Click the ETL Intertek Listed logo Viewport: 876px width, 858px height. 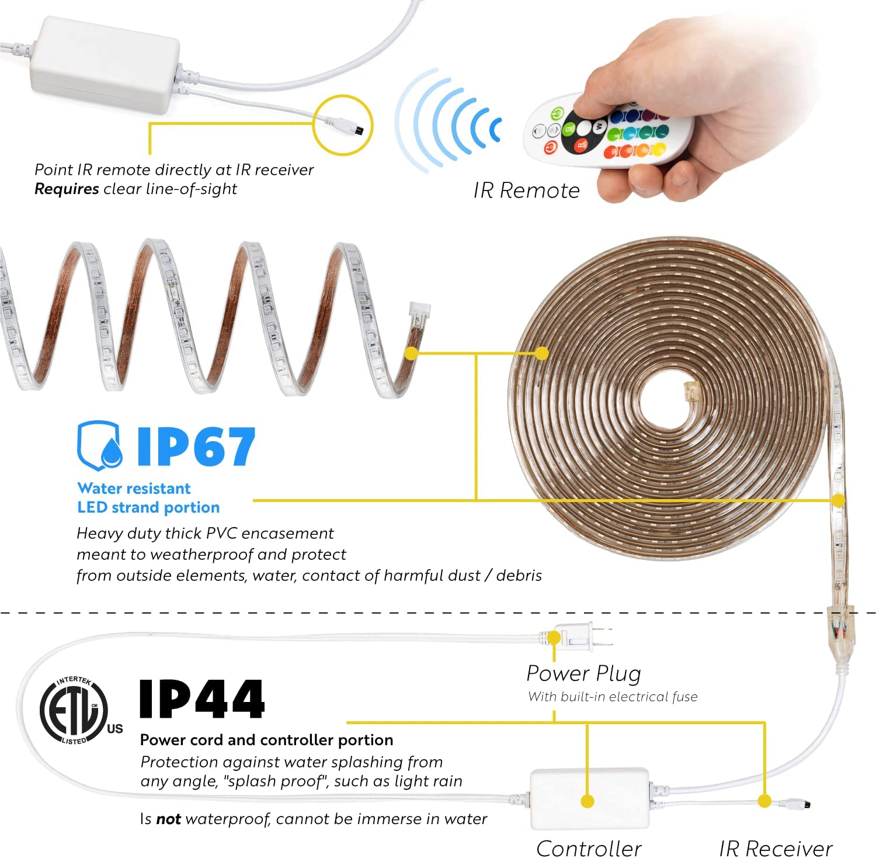coord(81,710)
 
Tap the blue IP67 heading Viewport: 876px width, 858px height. coord(196,447)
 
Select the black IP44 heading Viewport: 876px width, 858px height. coord(201,699)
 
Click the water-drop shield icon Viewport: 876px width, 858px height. coord(100,445)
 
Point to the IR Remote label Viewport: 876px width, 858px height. coord(526,191)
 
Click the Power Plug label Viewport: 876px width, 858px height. coord(583,673)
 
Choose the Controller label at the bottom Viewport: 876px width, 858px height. coord(589,848)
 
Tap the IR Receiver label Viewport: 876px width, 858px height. coord(776,848)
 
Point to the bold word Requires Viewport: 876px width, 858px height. coord(67,189)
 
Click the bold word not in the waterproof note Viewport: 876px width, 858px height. coord(168,819)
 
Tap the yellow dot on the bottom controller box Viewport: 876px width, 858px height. coord(588,801)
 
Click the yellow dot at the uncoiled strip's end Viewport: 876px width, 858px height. coord(411,353)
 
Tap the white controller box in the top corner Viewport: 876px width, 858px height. coord(105,64)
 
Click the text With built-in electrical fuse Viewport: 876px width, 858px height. coord(613,697)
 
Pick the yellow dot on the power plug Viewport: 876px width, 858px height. coord(554,638)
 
